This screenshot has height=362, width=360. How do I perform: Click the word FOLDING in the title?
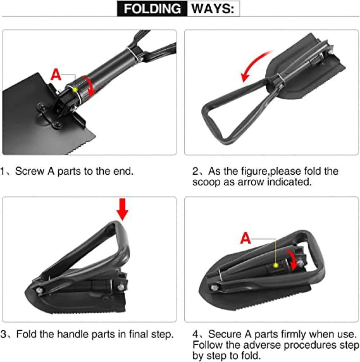[152, 9]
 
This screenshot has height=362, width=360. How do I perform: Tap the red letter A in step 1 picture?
[56, 75]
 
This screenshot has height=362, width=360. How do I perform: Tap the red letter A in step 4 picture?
[245, 238]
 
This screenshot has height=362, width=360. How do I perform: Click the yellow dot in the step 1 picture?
[75, 90]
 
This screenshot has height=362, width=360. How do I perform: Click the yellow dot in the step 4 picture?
[275, 265]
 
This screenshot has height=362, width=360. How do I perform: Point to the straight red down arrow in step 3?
[122, 209]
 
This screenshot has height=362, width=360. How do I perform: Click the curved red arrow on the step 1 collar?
[90, 86]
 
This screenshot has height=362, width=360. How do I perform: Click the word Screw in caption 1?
[30, 171]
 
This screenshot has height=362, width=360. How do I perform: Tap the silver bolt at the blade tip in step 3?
[39, 290]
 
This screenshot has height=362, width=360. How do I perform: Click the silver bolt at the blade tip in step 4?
[215, 288]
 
